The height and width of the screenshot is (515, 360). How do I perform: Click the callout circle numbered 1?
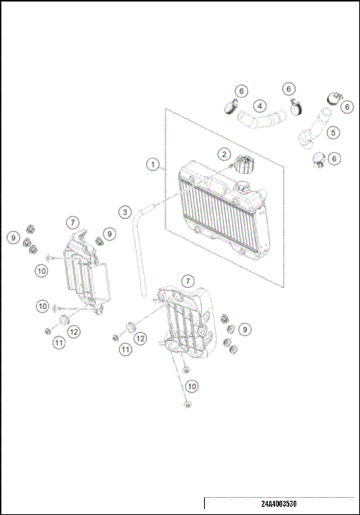tap(153, 163)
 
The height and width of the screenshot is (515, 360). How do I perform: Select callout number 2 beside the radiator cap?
tap(223, 154)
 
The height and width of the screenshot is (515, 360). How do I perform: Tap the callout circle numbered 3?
tap(124, 212)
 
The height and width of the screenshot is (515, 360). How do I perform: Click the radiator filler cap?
tap(244, 163)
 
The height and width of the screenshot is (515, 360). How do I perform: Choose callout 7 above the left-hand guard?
tap(72, 222)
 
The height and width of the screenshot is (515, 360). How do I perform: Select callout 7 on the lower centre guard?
tap(188, 280)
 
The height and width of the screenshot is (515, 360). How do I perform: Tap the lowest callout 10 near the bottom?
tap(192, 385)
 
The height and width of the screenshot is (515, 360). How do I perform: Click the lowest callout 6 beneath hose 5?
tap(334, 158)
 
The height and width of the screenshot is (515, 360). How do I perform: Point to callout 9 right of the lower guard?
tap(244, 328)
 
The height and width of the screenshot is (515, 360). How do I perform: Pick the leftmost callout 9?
tap(13, 238)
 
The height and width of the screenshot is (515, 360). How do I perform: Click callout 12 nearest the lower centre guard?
tap(139, 339)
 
